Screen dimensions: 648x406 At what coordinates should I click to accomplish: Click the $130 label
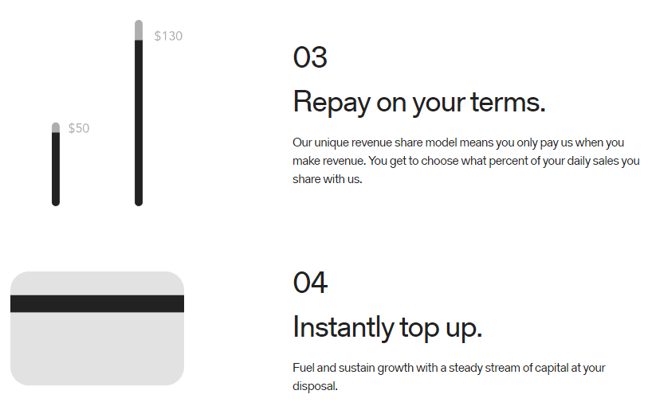168,36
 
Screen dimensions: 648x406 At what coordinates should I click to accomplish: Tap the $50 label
79,128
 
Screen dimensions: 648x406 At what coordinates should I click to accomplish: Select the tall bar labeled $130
139,112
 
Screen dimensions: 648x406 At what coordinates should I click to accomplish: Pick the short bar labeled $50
56,164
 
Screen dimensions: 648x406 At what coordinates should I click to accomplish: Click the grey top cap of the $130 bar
139,30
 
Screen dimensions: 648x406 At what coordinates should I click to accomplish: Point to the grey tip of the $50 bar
56,127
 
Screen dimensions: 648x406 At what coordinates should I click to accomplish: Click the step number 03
310,57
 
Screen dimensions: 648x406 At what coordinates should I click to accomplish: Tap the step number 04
310,283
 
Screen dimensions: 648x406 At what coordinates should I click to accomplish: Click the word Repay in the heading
332,103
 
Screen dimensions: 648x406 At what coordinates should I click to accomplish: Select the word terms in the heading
509,102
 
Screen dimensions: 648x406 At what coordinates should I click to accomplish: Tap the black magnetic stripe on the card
97,303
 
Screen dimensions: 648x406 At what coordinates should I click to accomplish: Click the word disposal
315,386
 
